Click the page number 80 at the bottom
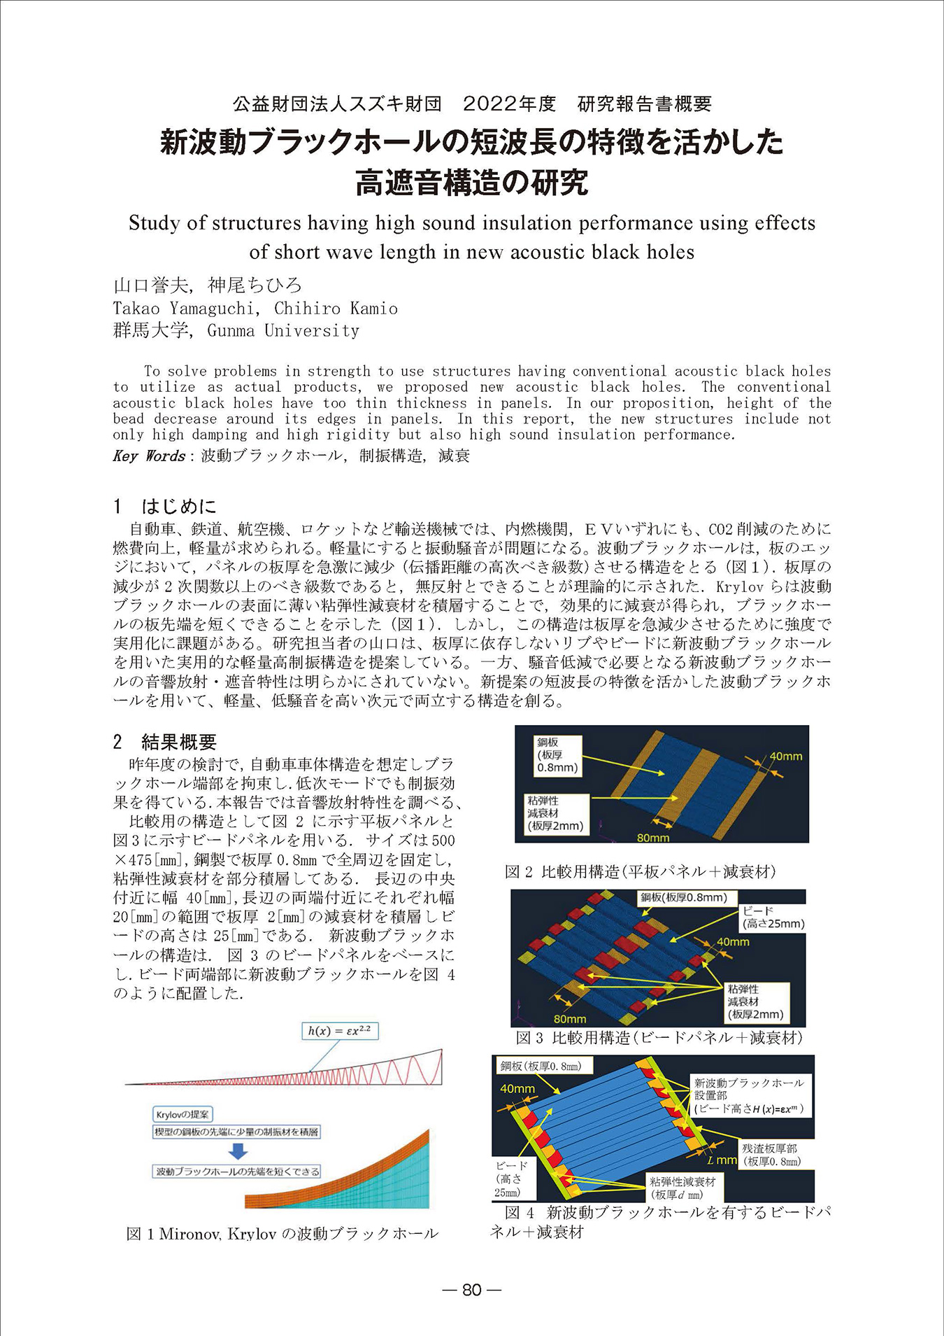[472, 1290]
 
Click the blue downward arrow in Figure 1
[239, 1151]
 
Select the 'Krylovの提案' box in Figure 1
[183, 1114]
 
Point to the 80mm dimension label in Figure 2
[653, 837]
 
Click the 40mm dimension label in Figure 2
[786, 757]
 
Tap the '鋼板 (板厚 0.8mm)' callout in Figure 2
[557, 755]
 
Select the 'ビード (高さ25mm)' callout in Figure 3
[773, 917]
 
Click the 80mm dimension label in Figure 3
[570, 1019]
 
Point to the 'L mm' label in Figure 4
[722, 1160]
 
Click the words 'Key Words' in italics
[149, 456]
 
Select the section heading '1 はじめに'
[165, 506]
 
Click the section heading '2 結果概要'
[165, 741]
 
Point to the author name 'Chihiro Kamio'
[336, 309]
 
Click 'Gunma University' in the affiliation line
[283, 330]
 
